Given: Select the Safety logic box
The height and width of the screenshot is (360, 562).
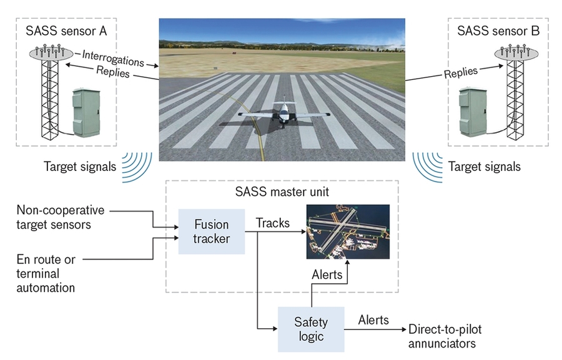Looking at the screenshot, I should pos(310,329).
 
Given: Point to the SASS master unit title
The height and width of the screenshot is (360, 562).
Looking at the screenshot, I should pos(281,192).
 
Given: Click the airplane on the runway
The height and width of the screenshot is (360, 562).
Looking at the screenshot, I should pos(283,113).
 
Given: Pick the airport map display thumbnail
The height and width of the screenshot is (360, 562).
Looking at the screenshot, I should pos(348,231).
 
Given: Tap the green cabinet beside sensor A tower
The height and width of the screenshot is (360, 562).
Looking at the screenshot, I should pos(86,112).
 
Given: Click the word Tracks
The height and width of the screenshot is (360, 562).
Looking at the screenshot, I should pos(273,223).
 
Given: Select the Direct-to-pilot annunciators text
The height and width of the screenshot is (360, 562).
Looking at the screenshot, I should pos(446,336).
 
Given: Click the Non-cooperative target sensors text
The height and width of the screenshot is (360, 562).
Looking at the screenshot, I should pos(61,217).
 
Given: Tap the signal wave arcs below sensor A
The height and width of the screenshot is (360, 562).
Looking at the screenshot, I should pos(138,165).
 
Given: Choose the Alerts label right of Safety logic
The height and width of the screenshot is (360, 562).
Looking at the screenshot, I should pos(373,320).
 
